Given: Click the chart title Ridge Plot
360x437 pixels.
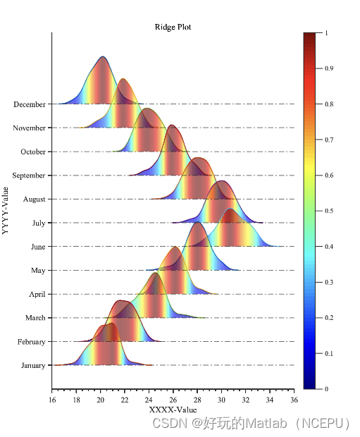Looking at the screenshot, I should coord(173,27).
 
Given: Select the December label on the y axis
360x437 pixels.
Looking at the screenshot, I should coord(29,104).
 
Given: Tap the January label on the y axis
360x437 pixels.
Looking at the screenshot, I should coord(32,365).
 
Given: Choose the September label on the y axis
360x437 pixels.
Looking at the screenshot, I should coord(28,176).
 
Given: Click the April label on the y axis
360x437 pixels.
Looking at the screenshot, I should coord(35,294).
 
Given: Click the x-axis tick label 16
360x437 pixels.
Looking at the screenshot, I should coord(52,400).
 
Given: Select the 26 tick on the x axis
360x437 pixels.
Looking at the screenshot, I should coord(173,400).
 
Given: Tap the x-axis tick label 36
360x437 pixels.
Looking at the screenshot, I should coord(294,400).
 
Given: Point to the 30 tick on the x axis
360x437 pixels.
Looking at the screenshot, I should coord(221,400).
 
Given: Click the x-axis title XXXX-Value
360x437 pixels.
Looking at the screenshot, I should coord(173,410).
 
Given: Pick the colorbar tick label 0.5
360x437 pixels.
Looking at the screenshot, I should coord(330,211).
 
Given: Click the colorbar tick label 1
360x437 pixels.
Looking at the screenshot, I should coord(326,32).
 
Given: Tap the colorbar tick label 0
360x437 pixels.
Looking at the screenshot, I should coord(326,388).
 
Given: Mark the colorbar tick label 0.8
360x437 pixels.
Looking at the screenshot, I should coord(330,104).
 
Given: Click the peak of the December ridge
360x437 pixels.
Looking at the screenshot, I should coord(103,57).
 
